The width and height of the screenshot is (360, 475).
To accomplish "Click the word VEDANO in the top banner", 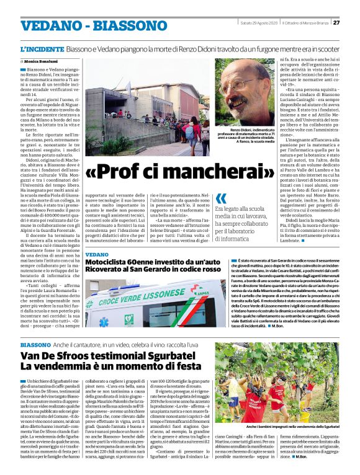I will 47,26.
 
